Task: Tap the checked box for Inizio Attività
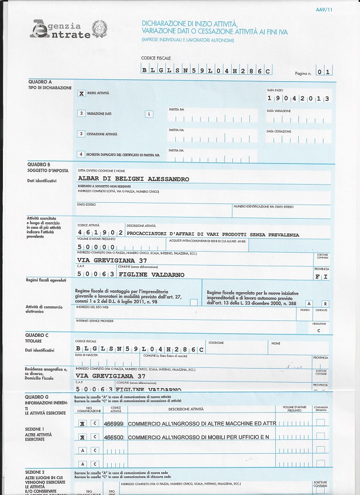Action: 81,93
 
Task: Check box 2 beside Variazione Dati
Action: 81,113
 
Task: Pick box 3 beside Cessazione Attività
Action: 81,134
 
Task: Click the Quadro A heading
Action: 40,82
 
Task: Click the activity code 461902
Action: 99,233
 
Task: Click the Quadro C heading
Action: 39,336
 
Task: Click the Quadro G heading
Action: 39,397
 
